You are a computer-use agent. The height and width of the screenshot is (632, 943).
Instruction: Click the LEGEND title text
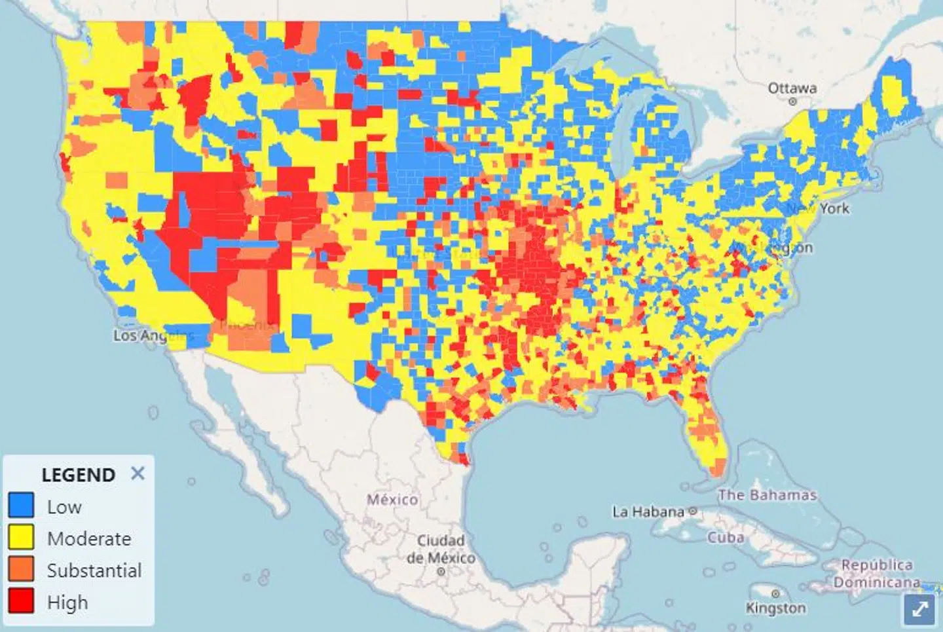(78, 475)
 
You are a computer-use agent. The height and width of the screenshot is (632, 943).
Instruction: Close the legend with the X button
(138, 473)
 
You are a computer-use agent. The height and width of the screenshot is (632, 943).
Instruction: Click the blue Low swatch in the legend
(21, 506)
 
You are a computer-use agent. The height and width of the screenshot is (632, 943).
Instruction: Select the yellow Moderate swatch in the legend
(21, 537)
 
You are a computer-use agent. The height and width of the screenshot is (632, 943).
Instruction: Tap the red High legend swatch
(21, 601)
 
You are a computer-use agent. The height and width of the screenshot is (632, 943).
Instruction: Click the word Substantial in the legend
(94, 570)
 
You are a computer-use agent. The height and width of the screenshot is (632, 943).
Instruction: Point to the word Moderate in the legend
(89, 538)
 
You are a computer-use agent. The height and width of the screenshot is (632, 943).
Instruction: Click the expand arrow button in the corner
(919, 609)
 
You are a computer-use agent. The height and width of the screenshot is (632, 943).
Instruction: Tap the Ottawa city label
(792, 88)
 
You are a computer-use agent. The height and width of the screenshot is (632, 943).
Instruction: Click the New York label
(819, 208)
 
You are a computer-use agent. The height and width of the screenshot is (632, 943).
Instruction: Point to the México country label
(392, 500)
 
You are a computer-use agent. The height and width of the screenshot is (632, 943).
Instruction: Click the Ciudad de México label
(441, 549)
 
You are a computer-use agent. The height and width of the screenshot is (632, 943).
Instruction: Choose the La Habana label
(648, 511)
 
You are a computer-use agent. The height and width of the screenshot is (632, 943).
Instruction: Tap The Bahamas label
(767, 495)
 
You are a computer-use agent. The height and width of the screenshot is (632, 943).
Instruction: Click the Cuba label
(726, 538)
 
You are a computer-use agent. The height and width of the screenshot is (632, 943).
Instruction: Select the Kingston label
(775, 608)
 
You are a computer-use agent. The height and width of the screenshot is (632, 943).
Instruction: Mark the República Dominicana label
(876, 573)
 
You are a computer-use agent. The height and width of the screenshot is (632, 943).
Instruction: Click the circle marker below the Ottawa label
(792, 102)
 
